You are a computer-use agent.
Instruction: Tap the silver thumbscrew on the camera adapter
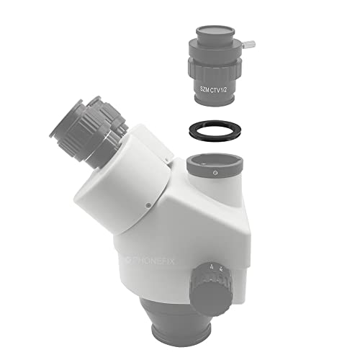tap(248, 45)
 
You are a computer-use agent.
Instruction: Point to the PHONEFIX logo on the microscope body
tap(152, 261)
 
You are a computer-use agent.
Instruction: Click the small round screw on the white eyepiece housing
tap(148, 205)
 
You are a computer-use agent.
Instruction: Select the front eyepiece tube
tap(79, 135)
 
